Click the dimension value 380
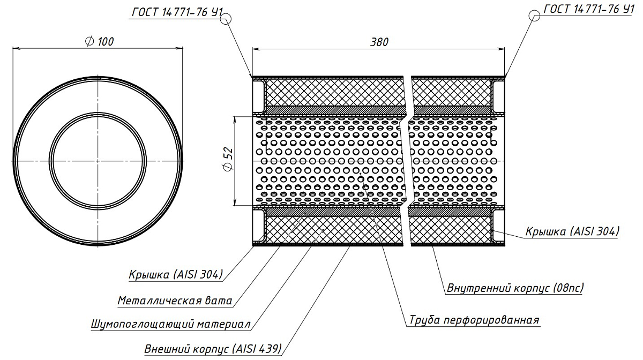click(x=379, y=42)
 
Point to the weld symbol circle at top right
click(x=534, y=16)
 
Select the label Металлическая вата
click(x=175, y=301)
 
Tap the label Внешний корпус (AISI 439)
click(x=213, y=349)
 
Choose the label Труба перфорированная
click(x=474, y=320)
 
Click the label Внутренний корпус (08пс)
click(x=515, y=288)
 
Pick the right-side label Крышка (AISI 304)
click(x=572, y=231)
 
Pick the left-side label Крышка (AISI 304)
click(x=175, y=275)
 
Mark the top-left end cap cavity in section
click(x=258, y=92)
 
